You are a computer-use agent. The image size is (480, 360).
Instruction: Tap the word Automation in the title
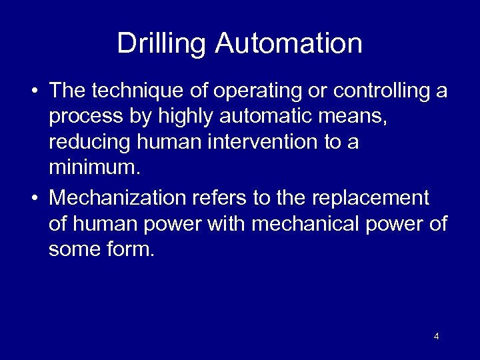(x=289, y=44)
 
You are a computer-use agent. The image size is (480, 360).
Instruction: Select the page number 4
(x=436, y=337)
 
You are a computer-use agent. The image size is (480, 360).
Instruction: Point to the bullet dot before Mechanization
(x=34, y=199)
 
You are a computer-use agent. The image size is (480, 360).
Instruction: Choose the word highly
(x=188, y=117)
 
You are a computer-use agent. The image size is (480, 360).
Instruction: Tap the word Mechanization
(x=119, y=198)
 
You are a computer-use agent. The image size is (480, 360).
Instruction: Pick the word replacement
(x=371, y=198)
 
